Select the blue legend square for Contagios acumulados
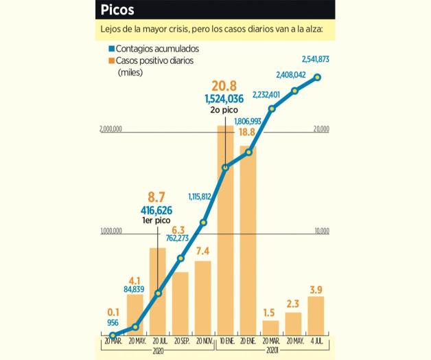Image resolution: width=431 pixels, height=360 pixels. point(111,49)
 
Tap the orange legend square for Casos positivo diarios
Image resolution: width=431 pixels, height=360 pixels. point(111,60)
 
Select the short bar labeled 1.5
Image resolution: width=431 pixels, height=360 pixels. point(271,328)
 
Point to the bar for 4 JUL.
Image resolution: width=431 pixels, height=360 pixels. point(316,316)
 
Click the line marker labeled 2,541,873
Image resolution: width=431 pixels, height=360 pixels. point(317,77)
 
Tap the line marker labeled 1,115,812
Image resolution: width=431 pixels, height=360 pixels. point(203,222)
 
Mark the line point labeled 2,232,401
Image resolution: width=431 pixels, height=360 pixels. point(272,109)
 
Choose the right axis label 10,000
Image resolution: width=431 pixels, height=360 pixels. point(321,232)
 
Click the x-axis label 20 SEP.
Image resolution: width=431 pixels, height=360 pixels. point(180,341)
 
